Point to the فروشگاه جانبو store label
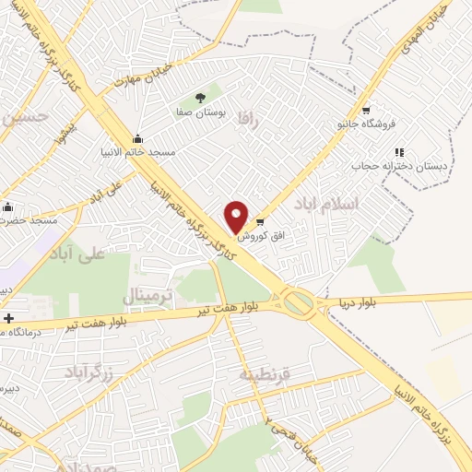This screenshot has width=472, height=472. pos(366,123)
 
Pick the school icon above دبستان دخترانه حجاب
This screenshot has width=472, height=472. pos(398,152)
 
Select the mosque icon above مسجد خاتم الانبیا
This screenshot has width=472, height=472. pos(138,138)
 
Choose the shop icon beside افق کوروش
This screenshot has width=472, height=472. pos(260,221)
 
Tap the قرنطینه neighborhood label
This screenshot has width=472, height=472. pos(265,375)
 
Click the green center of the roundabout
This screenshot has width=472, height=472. pos(297,301)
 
